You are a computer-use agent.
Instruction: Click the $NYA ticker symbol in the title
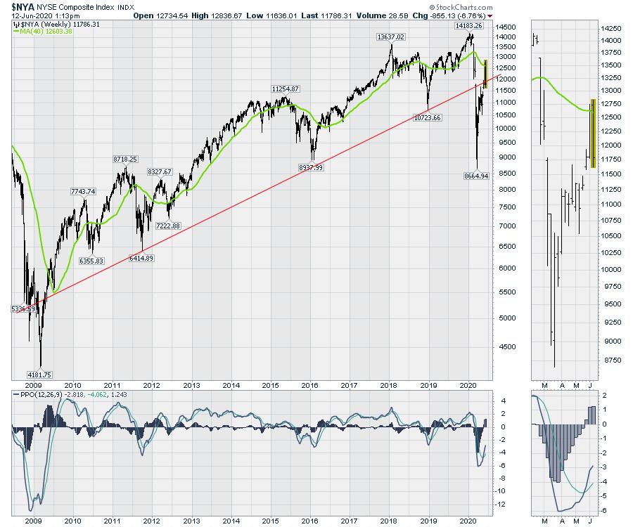point(23,6)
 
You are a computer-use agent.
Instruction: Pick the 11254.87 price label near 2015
point(286,89)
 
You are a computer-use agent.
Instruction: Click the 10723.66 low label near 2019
point(427,117)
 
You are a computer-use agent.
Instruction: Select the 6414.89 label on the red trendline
point(141,259)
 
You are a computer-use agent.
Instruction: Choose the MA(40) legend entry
point(41,31)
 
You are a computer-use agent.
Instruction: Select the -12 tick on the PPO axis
point(501,505)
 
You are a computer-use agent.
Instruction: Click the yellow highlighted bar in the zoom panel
point(593,133)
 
